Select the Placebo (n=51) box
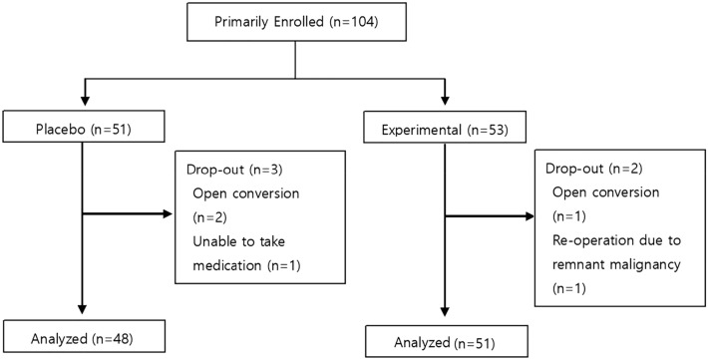81,130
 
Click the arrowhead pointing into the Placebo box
81,107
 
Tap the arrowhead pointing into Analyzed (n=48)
81,311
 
